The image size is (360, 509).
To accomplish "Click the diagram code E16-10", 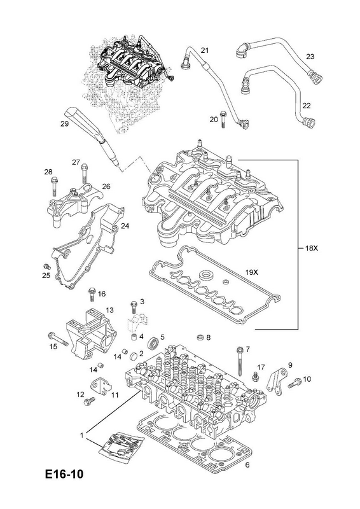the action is pyautogui.click(x=65, y=473).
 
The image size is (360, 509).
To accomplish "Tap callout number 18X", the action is pyautogui.click(x=312, y=249).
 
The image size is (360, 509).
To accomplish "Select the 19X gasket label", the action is pyautogui.click(x=251, y=273).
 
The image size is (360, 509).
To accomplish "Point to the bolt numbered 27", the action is pyautogui.click(x=84, y=173).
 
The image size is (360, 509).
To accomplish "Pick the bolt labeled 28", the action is pyautogui.click(x=55, y=186).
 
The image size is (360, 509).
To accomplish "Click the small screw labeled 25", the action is pyautogui.click(x=48, y=267).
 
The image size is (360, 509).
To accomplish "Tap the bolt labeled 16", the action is pyautogui.click(x=92, y=295).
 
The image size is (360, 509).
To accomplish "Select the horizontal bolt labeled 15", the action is pyautogui.click(x=58, y=338).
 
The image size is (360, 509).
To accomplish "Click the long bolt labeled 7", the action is pyautogui.click(x=240, y=362).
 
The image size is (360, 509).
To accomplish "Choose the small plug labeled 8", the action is pyautogui.click(x=201, y=338).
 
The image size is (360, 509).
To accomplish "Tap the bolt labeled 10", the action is pyautogui.click(x=294, y=383).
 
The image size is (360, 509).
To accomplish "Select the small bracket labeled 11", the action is pyautogui.click(x=101, y=387).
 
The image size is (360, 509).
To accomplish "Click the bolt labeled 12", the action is pyautogui.click(x=89, y=401).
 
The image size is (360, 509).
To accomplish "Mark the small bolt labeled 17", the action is pyautogui.click(x=256, y=377).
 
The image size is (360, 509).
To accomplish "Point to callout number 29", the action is pyautogui.click(x=64, y=123).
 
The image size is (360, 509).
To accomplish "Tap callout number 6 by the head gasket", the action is pyautogui.click(x=247, y=465).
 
